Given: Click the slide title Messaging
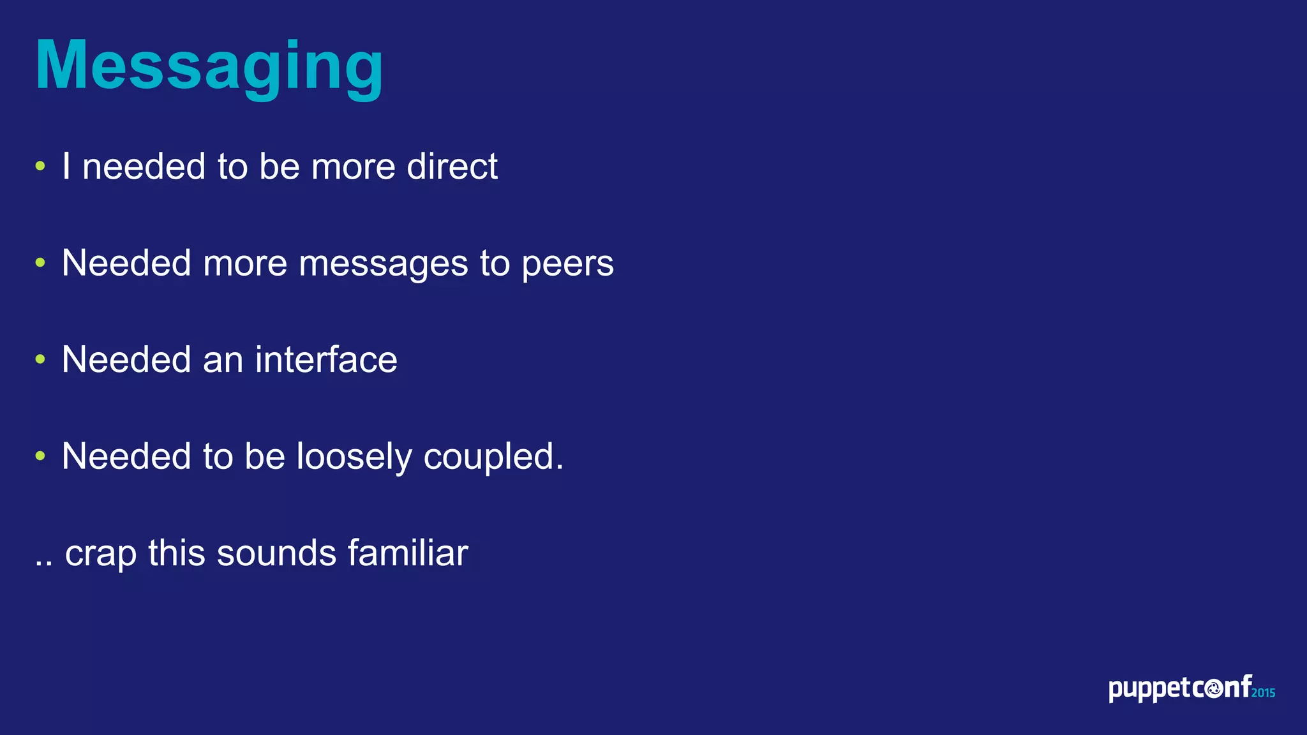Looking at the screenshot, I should click(209, 66).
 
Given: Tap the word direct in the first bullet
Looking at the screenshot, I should click(452, 167).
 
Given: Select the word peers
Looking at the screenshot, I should click(567, 264).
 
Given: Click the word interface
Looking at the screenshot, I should click(326, 359).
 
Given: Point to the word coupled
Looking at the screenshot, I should click(493, 457).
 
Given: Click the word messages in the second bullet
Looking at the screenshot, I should click(383, 264).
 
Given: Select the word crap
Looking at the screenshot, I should click(101, 554).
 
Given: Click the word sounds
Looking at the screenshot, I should click(276, 553).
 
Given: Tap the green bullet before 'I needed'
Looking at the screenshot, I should click(41, 167).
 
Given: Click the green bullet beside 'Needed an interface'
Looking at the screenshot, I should click(41, 359).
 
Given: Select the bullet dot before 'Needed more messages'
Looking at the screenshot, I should click(41, 263).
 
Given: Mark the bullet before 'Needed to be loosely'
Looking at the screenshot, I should click(41, 456).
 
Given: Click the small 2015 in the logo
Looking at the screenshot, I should click(1263, 692).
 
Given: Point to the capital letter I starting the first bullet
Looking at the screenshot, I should click(66, 167).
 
